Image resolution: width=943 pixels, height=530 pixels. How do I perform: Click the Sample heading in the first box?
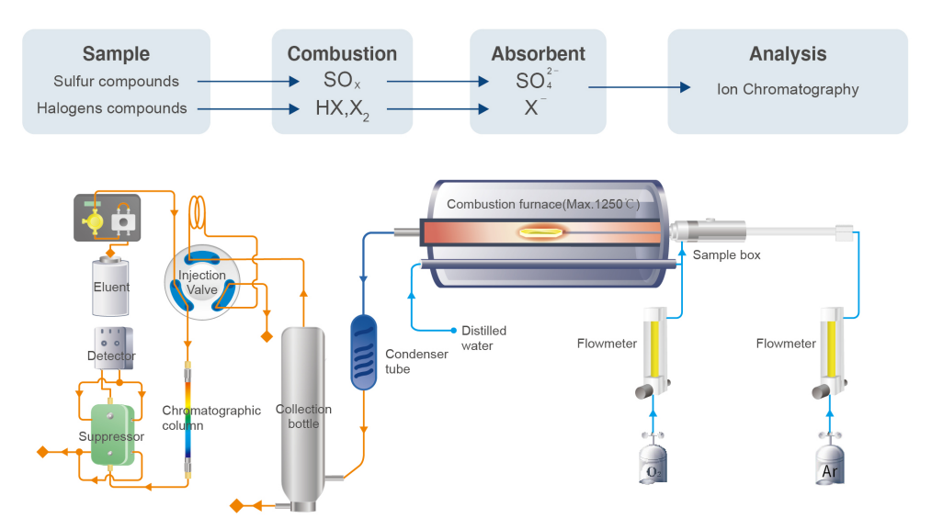(116, 53)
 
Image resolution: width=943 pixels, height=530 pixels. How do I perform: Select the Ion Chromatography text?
(788, 89)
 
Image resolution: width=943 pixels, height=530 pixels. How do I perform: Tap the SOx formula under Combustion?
(342, 80)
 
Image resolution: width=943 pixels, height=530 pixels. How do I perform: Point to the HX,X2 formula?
(342, 109)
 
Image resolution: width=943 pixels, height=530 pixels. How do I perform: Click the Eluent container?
(110, 286)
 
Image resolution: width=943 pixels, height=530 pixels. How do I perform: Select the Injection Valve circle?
(202, 282)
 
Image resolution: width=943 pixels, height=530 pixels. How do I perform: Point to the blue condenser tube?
(364, 352)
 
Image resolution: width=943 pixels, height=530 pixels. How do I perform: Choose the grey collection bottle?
(303, 419)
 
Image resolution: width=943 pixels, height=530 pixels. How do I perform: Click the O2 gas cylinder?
(653, 461)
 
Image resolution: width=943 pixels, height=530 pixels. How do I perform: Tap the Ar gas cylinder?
(830, 461)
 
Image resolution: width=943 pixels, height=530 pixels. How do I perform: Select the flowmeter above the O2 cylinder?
(654, 352)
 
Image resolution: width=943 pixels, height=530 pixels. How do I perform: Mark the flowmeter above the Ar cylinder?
(831, 352)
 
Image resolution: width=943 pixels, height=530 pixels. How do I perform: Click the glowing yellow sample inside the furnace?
(541, 231)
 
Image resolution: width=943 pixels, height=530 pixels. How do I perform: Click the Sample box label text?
(726, 254)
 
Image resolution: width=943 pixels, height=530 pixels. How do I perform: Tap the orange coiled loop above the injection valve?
(197, 213)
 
